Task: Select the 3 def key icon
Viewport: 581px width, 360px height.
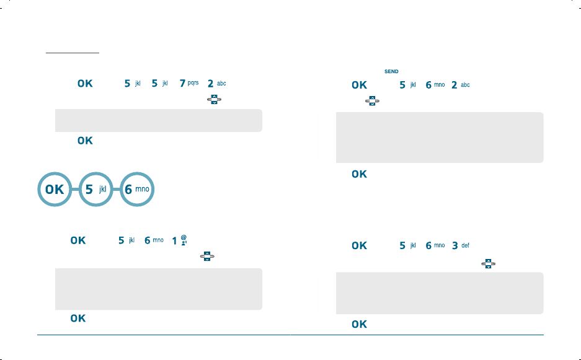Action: tap(460, 246)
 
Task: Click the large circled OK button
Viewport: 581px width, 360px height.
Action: tap(55, 190)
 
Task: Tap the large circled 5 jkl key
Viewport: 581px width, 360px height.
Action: tap(95, 190)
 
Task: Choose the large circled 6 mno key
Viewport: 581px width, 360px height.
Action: tap(136, 190)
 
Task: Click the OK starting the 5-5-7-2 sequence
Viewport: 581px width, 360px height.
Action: tap(85, 84)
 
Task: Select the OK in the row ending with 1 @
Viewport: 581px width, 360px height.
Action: tap(78, 239)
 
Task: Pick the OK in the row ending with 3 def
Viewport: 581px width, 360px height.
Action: tap(359, 246)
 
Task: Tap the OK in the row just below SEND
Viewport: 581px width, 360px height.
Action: tap(359, 85)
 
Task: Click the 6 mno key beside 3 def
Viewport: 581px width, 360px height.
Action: tap(433, 246)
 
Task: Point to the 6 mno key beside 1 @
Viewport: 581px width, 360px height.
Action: tap(153, 239)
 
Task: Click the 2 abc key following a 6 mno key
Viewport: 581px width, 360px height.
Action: tap(460, 85)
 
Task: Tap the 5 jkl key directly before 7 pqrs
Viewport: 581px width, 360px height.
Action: tap(160, 84)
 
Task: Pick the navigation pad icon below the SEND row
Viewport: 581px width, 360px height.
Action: tap(373, 100)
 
